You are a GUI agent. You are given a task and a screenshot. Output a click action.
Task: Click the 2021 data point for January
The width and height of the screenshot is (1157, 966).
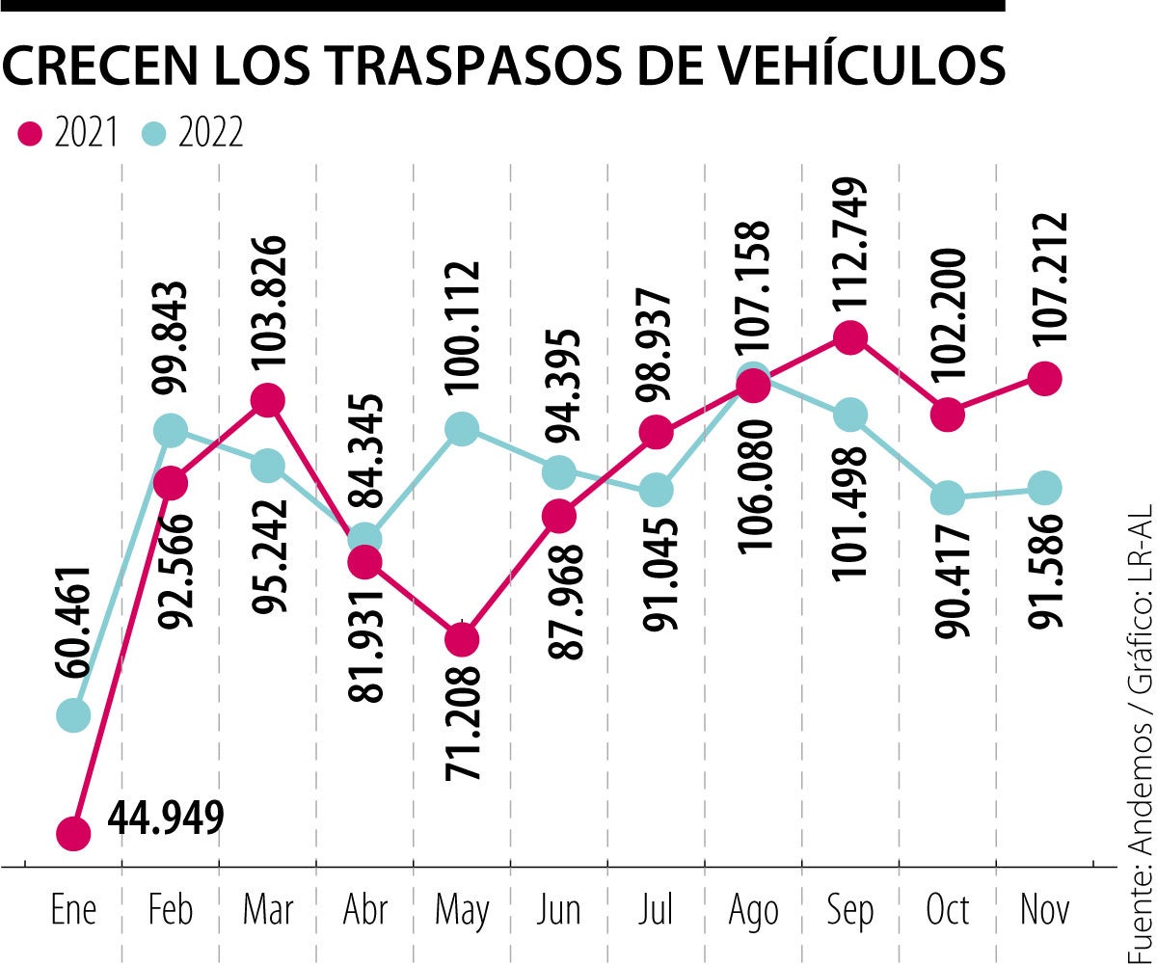(73, 832)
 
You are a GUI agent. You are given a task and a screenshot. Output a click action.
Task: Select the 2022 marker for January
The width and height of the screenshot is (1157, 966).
(73, 715)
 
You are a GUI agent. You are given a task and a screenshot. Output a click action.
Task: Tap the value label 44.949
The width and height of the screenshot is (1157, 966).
(166, 818)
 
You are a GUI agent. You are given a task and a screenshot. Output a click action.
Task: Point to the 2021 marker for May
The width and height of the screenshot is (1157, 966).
(462, 639)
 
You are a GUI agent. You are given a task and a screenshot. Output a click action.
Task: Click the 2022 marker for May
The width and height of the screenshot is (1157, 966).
(462, 428)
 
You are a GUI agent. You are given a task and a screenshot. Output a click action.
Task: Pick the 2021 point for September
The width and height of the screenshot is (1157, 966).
(849, 337)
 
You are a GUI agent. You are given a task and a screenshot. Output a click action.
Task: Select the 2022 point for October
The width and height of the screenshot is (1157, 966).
(948, 498)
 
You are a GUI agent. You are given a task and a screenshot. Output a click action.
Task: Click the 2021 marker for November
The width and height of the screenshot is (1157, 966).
(1045, 379)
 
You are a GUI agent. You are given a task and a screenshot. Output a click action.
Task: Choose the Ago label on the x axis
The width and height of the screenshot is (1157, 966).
(753, 911)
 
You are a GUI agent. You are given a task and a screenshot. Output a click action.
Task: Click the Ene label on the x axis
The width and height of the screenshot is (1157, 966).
(73, 911)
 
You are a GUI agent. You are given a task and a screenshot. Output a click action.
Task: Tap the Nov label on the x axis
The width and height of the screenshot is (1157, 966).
(1045, 911)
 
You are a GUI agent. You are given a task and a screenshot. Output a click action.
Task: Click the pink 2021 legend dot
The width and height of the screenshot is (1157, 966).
(32, 134)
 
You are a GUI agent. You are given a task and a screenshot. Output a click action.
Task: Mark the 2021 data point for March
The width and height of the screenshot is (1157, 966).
(267, 399)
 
